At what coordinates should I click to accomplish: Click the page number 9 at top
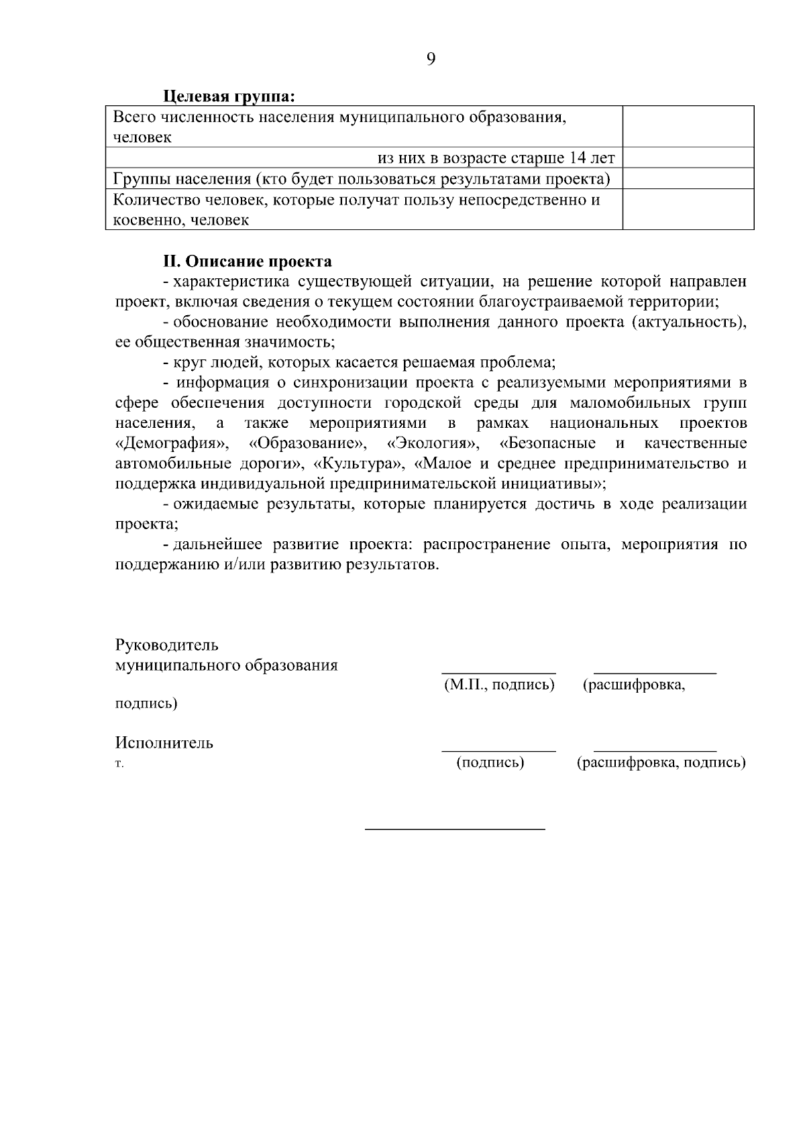431,59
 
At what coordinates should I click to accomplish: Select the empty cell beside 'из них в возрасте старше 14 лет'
688,158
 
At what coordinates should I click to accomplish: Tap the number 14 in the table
578,158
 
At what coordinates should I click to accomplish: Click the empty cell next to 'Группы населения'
688,178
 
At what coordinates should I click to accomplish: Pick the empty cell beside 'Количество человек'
688,209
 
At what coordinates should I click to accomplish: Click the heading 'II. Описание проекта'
248,260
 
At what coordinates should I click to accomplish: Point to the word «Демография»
172,443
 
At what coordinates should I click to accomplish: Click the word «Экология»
433,443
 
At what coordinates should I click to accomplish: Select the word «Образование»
308,443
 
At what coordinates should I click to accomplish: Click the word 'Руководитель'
167,645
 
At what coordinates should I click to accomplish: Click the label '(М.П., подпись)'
499,685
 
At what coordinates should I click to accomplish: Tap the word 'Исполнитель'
164,742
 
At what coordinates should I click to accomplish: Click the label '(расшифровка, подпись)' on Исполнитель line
661,762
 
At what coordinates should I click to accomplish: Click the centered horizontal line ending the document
455,830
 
